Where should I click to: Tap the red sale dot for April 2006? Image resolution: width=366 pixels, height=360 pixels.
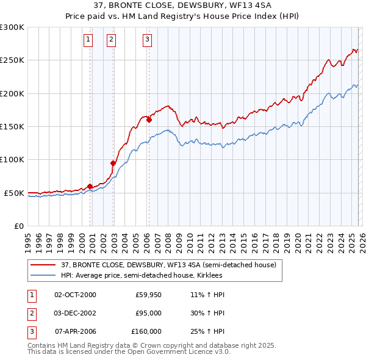point(148,120)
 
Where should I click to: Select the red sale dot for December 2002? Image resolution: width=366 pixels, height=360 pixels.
point(113,163)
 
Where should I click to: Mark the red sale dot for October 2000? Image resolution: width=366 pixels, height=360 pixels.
point(90,186)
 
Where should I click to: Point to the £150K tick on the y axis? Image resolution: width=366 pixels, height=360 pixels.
point(12,126)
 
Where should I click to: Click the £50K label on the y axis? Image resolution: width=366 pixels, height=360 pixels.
point(13,193)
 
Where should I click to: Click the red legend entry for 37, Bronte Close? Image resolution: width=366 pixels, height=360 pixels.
point(168,265)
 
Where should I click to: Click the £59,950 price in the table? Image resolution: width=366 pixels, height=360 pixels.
point(148,295)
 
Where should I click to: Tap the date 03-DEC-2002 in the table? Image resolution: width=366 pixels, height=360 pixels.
point(75,313)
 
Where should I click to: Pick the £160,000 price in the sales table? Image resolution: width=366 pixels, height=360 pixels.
point(146,331)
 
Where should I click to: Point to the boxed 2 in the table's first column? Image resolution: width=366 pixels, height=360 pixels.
point(30,313)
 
